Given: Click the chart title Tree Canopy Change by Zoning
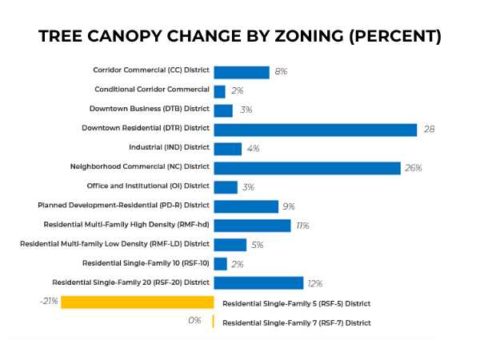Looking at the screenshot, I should point(240,36).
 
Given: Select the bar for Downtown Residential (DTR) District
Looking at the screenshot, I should point(315,129).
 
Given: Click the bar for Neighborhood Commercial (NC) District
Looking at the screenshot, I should point(306,167).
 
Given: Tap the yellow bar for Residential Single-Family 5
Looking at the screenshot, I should point(137,302).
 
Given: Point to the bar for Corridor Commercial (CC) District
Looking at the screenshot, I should point(241,72).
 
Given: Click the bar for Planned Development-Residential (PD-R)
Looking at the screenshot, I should point(245,206).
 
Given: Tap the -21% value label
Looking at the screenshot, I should point(48,301).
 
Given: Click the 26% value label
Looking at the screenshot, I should point(412,168).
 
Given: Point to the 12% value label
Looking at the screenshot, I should point(316,284).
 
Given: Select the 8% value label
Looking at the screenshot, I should point(281,72).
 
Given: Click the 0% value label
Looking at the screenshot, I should point(195,321).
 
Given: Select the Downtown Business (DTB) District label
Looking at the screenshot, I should point(149,110).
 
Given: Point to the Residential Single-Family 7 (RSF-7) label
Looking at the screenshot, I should point(296,323).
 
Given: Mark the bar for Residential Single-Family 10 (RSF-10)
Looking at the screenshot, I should point(221,264).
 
